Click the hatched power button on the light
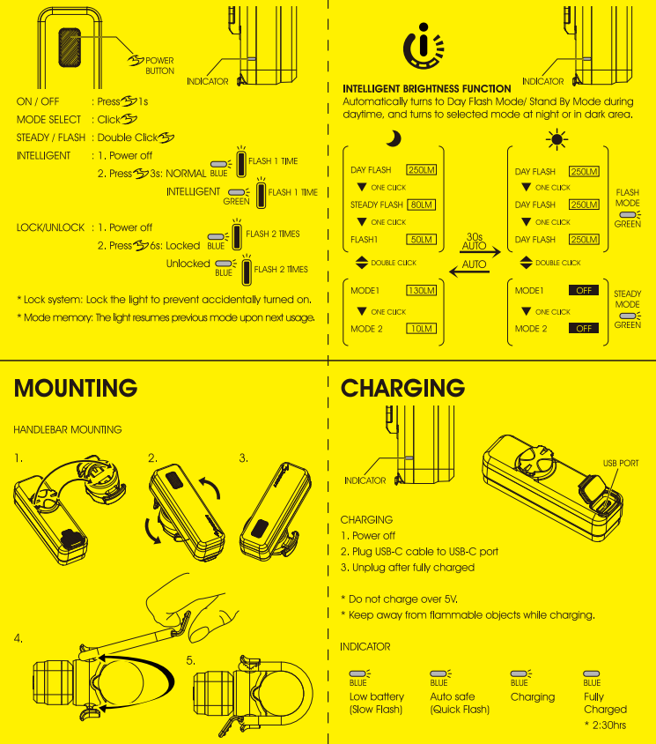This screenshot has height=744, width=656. pyautogui.click(x=70, y=47)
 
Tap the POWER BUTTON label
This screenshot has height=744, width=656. pyautogui.click(x=159, y=65)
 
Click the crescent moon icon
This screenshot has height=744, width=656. pyautogui.click(x=394, y=138)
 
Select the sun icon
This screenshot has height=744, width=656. pyautogui.click(x=556, y=139)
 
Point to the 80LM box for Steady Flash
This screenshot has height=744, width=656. pyautogui.click(x=421, y=205)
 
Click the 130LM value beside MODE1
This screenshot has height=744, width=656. pyautogui.click(x=422, y=290)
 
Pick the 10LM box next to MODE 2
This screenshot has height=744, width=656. pyautogui.click(x=422, y=328)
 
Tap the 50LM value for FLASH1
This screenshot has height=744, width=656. pyautogui.click(x=421, y=240)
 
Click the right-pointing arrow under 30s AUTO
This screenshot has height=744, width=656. pyautogui.click(x=481, y=252)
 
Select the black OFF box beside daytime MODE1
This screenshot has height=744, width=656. pyautogui.click(x=584, y=290)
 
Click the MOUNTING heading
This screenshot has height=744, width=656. pyautogui.click(x=76, y=388)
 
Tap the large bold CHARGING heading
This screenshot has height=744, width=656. pyautogui.click(x=403, y=388)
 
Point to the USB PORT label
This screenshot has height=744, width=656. pyautogui.click(x=621, y=463)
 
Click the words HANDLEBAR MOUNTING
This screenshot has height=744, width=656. pyautogui.click(x=68, y=429)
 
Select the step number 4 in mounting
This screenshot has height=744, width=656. pyautogui.click(x=18, y=638)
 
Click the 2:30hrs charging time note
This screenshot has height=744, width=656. pyautogui.click(x=606, y=725)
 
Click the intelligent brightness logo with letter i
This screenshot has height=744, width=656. pyautogui.click(x=424, y=46)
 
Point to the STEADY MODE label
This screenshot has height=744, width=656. pyautogui.click(x=628, y=299)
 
